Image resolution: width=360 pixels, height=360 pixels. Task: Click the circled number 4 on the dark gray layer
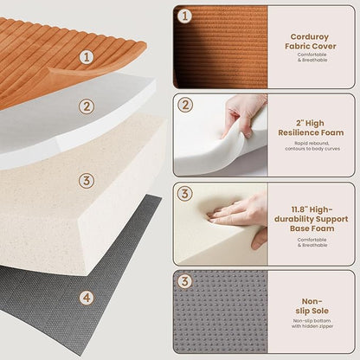87,298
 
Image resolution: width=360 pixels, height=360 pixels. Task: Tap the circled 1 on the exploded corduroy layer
87,57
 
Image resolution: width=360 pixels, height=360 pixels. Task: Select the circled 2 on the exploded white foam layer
87,107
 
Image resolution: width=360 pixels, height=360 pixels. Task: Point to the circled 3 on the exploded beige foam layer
87,181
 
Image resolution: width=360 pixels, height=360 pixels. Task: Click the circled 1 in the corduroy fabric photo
184,16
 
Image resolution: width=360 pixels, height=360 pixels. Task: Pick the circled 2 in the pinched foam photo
185,105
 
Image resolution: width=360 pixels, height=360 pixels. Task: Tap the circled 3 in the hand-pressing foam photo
185,194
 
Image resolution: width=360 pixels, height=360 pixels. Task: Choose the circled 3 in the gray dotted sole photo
185,281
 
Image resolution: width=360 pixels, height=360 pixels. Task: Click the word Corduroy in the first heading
310,37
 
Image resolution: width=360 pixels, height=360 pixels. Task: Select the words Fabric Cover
311,46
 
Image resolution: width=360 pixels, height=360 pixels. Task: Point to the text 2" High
310,123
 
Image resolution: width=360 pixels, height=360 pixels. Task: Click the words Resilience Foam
311,132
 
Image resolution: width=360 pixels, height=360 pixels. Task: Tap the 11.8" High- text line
312,209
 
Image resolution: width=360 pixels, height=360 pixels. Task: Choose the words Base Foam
312,228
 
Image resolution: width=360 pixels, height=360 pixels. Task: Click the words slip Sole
312,311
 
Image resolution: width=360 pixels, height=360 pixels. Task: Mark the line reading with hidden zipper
312,326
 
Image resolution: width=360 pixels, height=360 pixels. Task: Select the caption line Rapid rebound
312,144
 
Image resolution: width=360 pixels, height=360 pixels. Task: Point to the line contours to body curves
312,149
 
